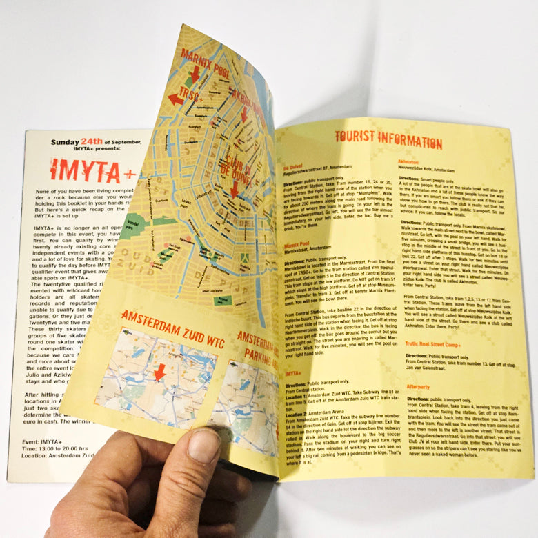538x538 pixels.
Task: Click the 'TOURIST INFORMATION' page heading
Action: click(x=387, y=142)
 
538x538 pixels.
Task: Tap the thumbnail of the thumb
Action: click(x=203, y=446)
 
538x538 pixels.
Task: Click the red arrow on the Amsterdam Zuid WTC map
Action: click(x=159, y=372)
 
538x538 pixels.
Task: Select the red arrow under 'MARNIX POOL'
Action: click(x=195, y=73)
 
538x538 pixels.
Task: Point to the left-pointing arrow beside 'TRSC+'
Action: click(x=176, y=99)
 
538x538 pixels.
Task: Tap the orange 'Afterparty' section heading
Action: click(x=418, y=386)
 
